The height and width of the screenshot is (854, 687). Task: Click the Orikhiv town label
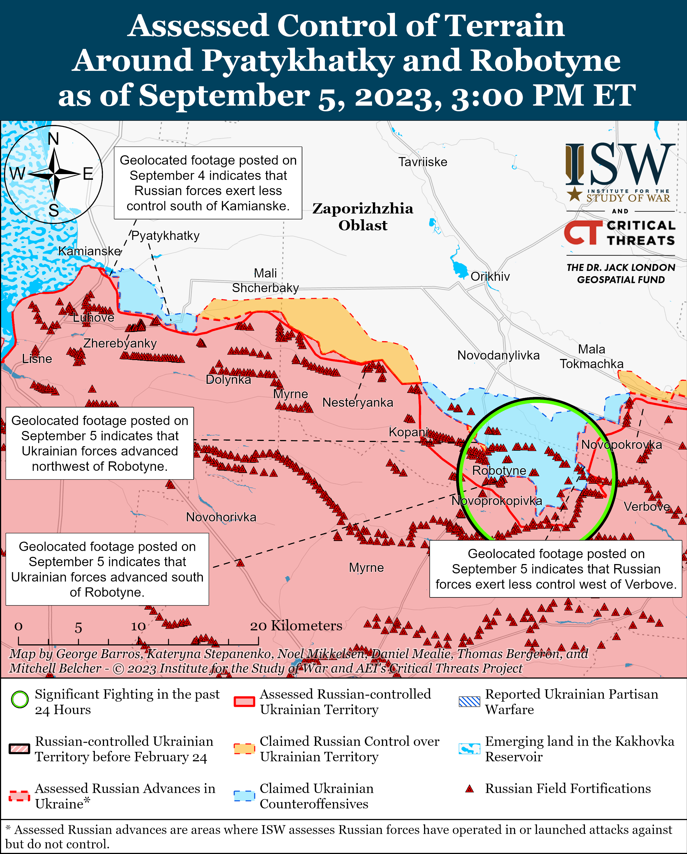(x=490, y=276)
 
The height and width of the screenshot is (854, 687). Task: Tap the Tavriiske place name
(x=422, y=162)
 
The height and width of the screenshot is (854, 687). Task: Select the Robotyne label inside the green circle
(x=499, y=471)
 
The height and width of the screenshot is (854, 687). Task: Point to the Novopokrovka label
(x=621, y=445)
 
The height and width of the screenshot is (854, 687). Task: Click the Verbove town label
(x=647, y=507)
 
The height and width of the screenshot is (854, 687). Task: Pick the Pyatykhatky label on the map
(x=165, y=236)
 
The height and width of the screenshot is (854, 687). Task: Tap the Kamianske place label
(x=89, y=251)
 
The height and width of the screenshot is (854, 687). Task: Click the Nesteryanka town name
(x=358, y=402)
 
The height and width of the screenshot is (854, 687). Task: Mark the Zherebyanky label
(x=120, y=343)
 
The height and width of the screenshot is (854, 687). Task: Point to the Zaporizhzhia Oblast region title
(x=363, y=217)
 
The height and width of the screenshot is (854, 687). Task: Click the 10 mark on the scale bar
(x=138, y=626)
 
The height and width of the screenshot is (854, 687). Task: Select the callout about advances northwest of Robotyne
(x=100, y=443)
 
